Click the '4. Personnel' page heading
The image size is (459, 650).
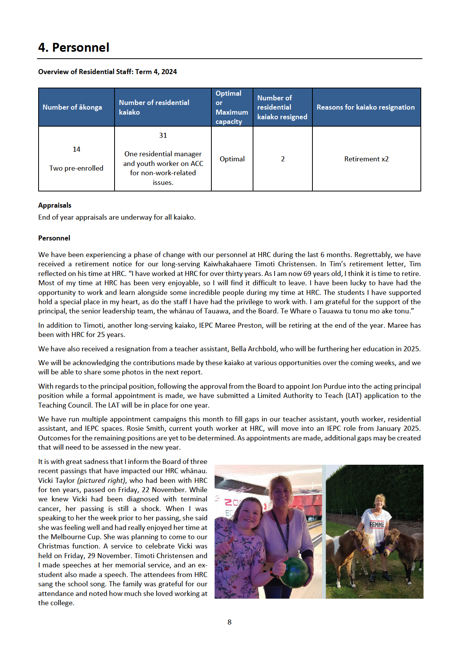(74, 47)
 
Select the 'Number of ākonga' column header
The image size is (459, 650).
(72, 107)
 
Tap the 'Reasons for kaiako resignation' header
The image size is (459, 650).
(366, 107)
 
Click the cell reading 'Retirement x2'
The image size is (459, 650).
(366, 159)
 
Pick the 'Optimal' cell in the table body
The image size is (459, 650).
(232, 159)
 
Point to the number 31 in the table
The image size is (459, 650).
(163, 135)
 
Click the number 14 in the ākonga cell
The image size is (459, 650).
(76, 149)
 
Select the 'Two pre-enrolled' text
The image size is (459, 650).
(76, 168)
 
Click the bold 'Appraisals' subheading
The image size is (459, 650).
(55, 205)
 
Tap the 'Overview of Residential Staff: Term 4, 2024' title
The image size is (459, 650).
(107, 72)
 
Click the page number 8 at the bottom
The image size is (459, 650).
(229, 622)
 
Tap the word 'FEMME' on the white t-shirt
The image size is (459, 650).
(377, 525)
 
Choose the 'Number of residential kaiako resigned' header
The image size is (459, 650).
(282, 107)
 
